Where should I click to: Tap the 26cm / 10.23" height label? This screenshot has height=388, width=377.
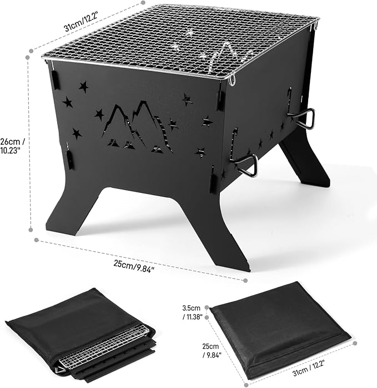coord(12,146)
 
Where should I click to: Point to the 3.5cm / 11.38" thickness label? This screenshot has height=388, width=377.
coord(192,312)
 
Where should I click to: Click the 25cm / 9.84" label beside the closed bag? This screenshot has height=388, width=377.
coord(212,351)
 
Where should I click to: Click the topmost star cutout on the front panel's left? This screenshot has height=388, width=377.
coord(84,86)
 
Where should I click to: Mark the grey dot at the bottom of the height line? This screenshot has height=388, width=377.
coord(31,230)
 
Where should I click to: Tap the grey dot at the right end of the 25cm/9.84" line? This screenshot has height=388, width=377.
coord(245,280)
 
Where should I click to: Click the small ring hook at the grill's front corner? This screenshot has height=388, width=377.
coord(232,81)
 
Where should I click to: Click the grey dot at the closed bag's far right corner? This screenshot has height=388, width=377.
coord(355,344)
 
